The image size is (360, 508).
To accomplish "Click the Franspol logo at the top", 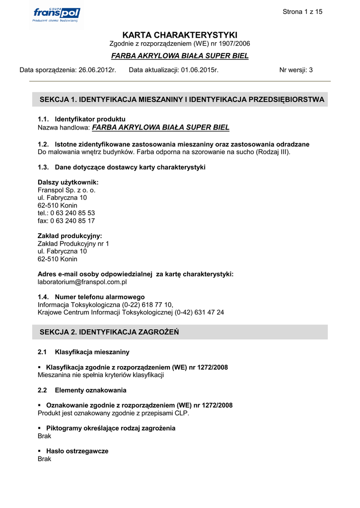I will click(56, 15).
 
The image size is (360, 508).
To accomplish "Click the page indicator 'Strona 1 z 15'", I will click(302, 12).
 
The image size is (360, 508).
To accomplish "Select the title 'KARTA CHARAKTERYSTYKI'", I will click(180, 35).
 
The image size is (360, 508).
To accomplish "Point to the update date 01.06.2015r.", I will click(200, 70).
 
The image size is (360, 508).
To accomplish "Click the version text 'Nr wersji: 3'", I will click(296, 70).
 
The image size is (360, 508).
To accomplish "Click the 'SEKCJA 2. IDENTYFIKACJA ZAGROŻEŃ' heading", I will click(109, 332).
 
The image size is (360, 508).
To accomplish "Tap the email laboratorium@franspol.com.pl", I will click(82, 282).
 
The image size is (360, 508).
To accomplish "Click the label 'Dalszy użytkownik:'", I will click(68, 183).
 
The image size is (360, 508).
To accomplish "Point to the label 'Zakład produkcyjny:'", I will click(70, 236).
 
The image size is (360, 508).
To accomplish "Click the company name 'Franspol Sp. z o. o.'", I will click(67, 190).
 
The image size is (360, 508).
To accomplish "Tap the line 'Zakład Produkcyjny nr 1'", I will click(73, 244).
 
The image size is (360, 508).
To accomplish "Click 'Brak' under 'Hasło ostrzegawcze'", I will click(44, 459).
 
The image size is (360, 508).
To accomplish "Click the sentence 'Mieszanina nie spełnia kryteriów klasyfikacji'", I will click(101, 375).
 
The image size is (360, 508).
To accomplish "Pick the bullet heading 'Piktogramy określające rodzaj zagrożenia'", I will click(110, 428).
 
